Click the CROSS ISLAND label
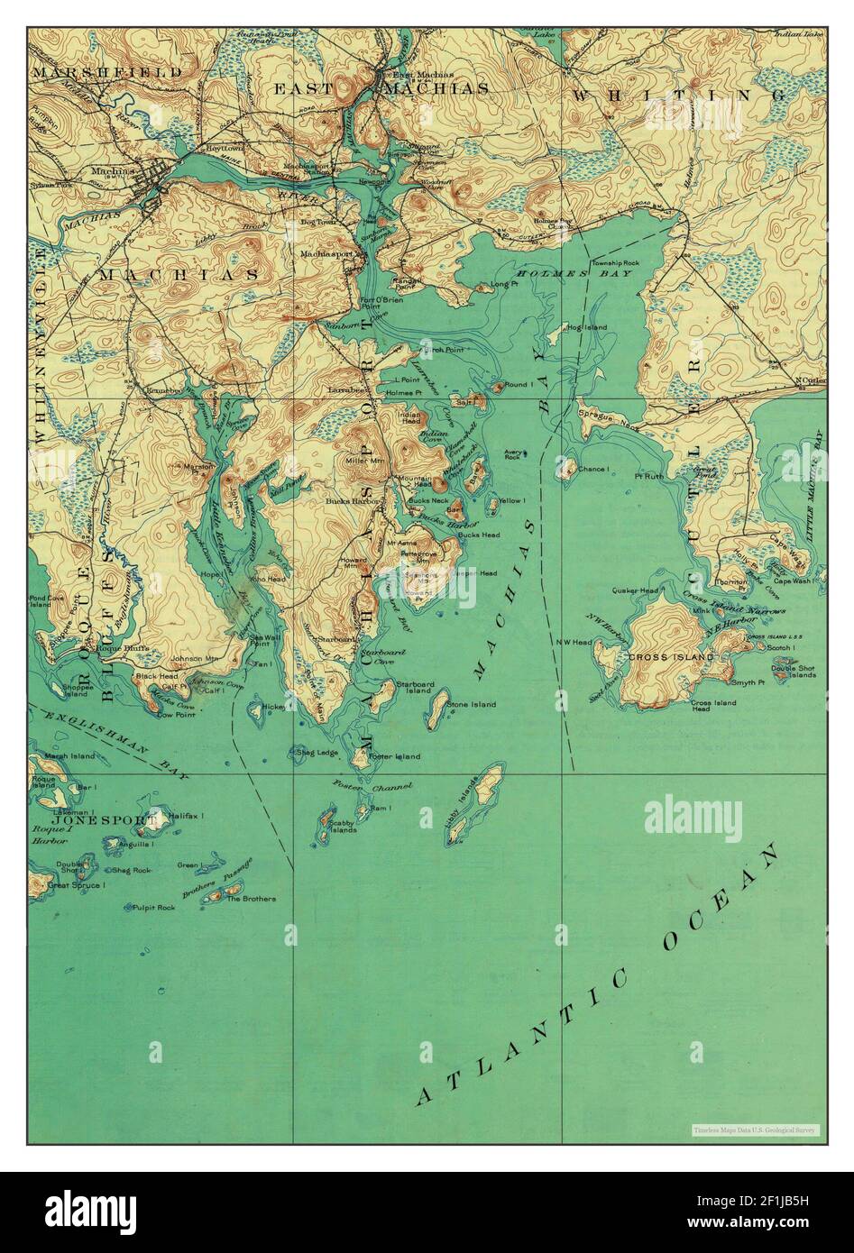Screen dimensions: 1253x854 point(671,657)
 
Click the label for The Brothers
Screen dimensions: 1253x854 point(251,899)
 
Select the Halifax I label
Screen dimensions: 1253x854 point(186,815)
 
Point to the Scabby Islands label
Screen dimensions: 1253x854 point(341,826)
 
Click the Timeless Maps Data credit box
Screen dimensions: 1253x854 point(754,1130)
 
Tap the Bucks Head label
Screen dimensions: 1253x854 point(478,535)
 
